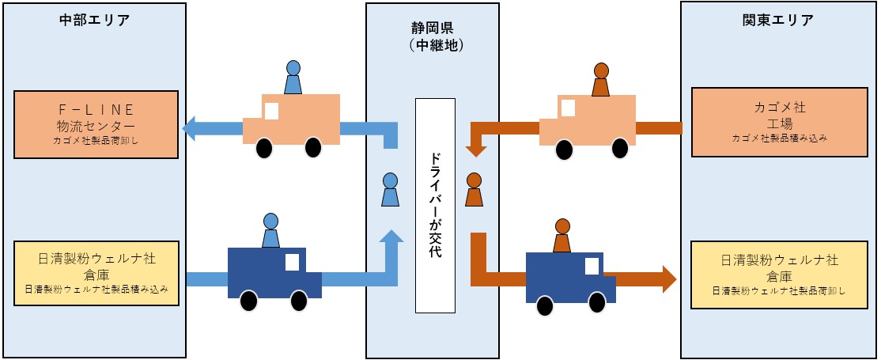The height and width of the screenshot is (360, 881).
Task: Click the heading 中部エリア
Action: [94, 21]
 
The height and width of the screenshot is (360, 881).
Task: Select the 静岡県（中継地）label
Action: [432, 36]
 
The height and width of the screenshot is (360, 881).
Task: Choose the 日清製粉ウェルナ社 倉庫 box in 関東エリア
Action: [779, 274]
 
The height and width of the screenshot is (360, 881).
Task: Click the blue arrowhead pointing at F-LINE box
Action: [191, 127]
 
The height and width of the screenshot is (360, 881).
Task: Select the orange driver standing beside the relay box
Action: [474, 189]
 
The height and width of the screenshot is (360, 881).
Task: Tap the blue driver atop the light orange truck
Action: [293, 77]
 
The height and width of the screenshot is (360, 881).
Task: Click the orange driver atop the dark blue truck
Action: [562, 235]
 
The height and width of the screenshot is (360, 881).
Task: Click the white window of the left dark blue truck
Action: [292, 261]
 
